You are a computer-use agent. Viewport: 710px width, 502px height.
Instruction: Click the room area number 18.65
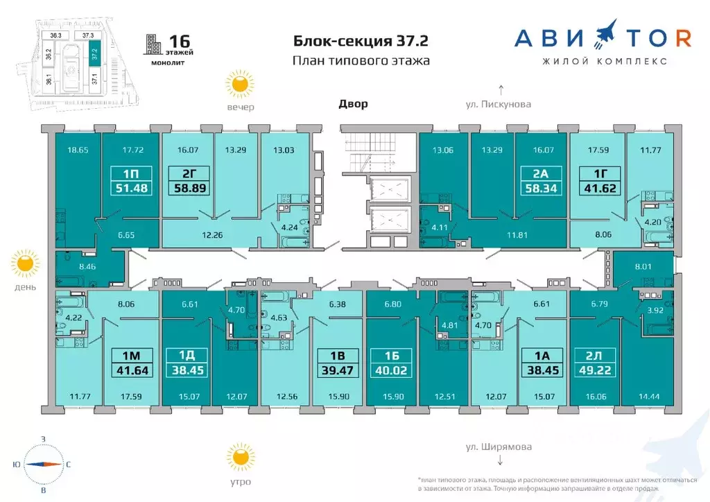tap(78, 150)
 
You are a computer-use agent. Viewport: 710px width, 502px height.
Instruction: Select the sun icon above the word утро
tap(239, 457)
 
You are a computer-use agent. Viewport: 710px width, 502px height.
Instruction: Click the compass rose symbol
tap(43, 465)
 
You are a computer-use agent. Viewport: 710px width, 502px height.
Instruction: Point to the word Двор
tap(353, 104)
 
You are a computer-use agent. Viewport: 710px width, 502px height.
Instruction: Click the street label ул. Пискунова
tap(498, 105)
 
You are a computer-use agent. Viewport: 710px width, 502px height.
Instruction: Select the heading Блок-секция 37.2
tap(361, 41)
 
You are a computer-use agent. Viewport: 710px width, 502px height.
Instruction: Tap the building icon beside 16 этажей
tap(152, 45)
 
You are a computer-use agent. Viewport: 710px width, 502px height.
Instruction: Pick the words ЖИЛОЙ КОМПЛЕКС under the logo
tap(605, 61)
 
